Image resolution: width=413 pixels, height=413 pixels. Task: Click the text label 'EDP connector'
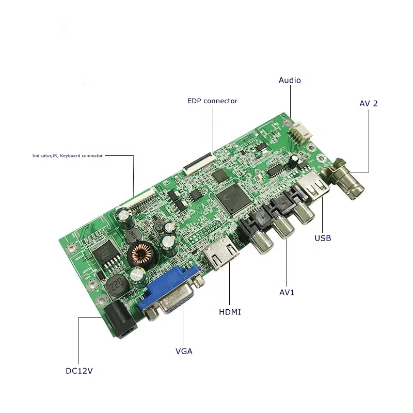click(212, 101)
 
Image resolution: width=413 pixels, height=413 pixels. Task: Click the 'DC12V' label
click(79, 371)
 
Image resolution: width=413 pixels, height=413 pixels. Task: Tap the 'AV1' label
click(287, 292)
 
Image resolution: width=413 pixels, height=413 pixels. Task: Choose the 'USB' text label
click(323, 239)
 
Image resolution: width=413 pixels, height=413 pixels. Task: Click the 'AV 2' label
click(369, 103)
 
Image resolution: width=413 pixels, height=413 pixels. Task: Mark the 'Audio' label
click(290, 80)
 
